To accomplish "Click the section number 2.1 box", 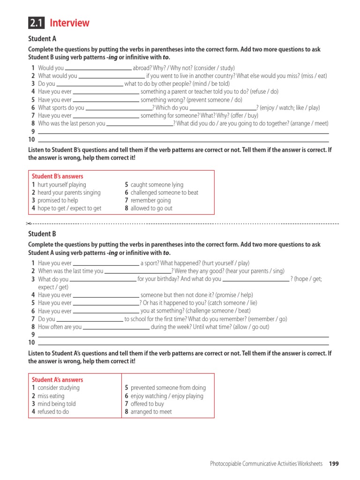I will click(x=36, y=23).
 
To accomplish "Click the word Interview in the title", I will click(x=69, y=23).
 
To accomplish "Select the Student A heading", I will click(x=42, y=39).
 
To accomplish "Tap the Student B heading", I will click(x=42, y=234).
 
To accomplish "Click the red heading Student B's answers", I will click(x=57, y=176).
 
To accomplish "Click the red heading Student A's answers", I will click(x=57, y=380).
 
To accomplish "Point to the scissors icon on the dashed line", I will click(x=29, y=224).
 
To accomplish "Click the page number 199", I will click(x=334, y=464).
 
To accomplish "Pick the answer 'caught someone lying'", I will click(x=157, y=185).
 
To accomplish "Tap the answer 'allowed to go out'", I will click(x=151, y=208).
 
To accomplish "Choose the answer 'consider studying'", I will click(x=59, y=388).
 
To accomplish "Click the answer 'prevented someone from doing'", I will click(x=168, y=388).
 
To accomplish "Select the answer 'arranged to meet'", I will click(x=151, y=412).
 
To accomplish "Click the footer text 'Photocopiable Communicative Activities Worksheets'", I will click(x=266, y=464).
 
